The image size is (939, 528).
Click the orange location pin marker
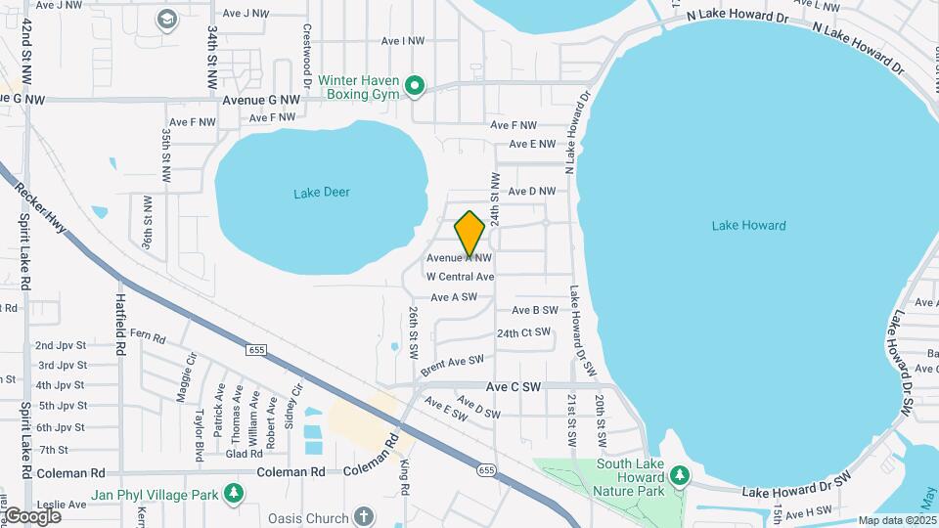tap(469, 234)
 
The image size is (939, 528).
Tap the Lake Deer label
tap(321, 193)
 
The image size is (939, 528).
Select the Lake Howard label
tap(748, 226)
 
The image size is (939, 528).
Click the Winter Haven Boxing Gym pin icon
tap(415, 87)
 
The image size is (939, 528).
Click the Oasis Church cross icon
tap(363, 515)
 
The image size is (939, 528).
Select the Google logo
tap(31, 515)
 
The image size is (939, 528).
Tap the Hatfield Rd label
tap(121, 324)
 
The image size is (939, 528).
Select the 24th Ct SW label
tap(523, 332)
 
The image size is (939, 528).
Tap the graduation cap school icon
tap(167, 19)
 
